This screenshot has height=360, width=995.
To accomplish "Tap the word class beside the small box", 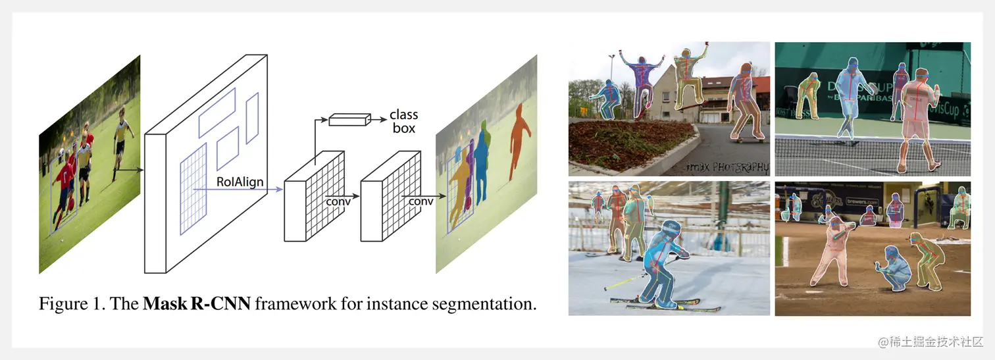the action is coord(403,115).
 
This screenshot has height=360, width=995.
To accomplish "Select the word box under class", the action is coord(403,128).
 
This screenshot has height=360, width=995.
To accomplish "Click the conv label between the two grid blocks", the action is coord(338,201).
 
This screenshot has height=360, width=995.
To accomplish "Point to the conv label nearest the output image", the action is coord(421,201).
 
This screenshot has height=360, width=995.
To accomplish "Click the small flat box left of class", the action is coord(349,119).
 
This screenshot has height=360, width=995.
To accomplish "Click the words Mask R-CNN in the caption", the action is coord(196,304).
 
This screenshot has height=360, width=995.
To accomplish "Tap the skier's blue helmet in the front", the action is coord(669,228).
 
